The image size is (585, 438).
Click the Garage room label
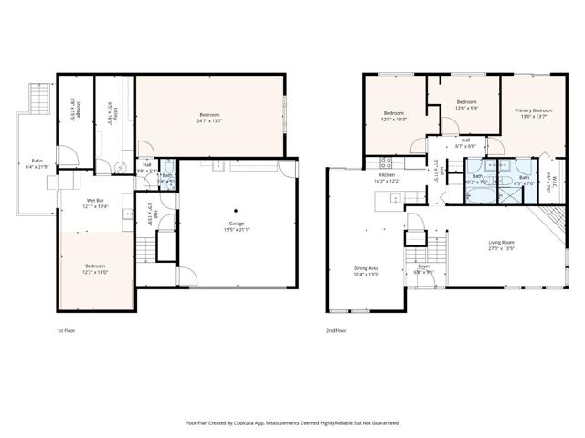236,223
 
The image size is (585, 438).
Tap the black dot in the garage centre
236,209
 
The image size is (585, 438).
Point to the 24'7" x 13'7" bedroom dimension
209,120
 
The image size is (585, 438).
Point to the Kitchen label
388,174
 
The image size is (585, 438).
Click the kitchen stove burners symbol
386,162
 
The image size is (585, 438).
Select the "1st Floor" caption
66,330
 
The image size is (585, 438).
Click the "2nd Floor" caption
336,330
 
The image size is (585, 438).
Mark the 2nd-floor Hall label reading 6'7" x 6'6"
465,146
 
